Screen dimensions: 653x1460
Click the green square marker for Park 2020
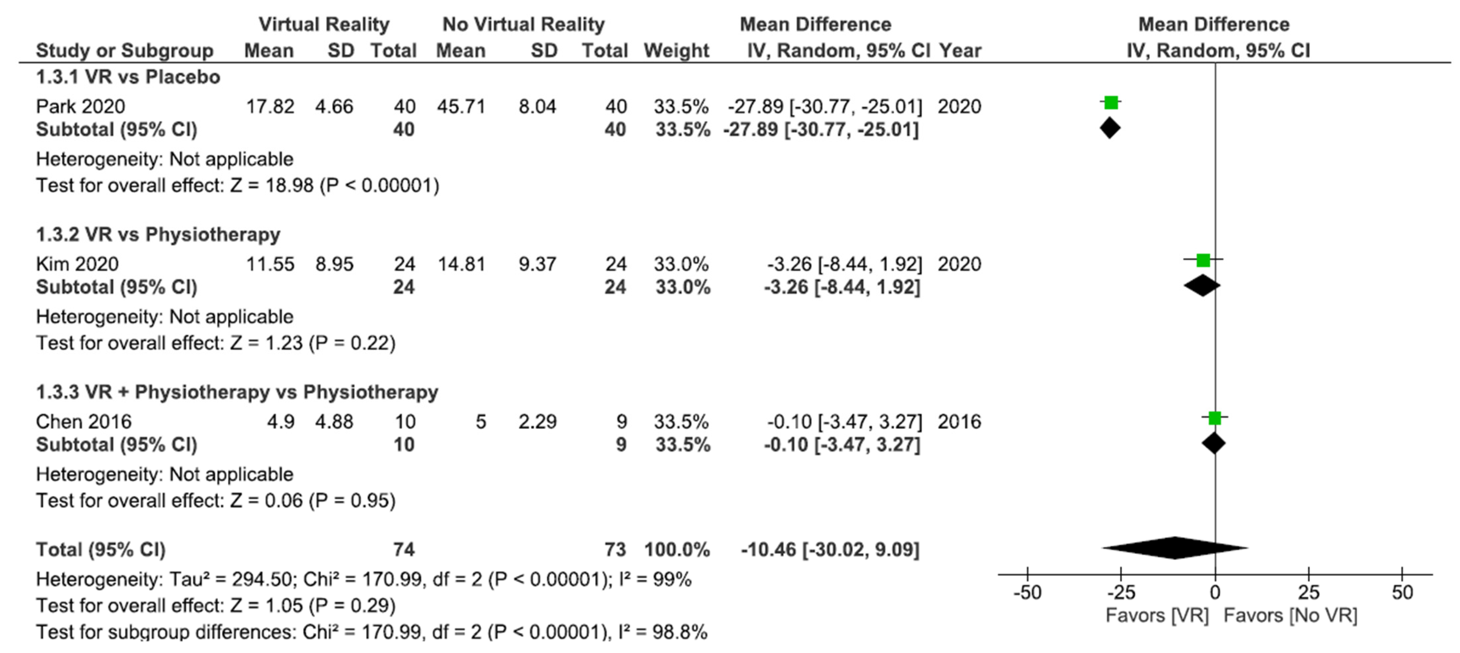click(1111, 103)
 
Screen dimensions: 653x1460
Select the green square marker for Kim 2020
click(1203, 260)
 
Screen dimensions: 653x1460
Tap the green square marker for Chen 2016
click(1214, 418)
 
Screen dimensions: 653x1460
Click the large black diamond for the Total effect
click(1175, 548)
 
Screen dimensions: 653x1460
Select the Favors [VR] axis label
click(1157, 615)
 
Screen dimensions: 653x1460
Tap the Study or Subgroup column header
click(125, 51)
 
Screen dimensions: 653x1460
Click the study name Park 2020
click(80, 106)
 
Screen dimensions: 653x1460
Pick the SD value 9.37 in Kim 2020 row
click(537, 264)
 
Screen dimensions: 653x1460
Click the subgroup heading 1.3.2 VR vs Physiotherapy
click(158, 234)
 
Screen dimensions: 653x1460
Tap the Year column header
click(960, 51)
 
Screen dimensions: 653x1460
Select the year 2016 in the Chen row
click(959, 422)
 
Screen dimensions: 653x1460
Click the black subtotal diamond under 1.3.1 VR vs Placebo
click(1110, 128)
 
